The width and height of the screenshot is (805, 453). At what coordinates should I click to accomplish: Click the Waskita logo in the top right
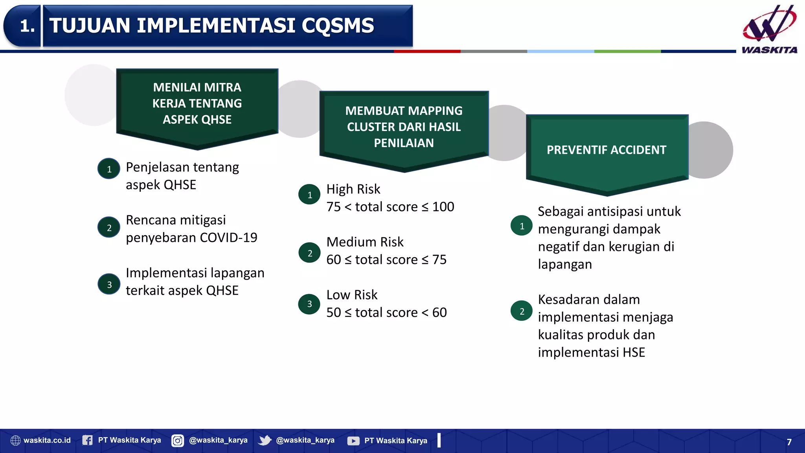(769, 28)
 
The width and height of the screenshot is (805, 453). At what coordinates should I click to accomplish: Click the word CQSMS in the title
(338, 26)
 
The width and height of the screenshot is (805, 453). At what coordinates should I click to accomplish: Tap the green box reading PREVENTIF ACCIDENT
(607, 150)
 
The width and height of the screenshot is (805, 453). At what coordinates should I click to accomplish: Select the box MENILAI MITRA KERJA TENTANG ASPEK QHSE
(197, 103)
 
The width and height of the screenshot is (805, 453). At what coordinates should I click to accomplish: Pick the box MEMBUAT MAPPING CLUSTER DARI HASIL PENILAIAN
(404, 127)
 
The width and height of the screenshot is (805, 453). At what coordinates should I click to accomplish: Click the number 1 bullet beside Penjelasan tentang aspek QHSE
(109, 169)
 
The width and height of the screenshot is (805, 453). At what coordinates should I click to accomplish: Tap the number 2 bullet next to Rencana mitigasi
(109, 227)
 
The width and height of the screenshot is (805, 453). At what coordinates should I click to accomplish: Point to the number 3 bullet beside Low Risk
(309, 304)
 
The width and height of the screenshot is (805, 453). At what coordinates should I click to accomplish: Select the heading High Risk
(353, 189)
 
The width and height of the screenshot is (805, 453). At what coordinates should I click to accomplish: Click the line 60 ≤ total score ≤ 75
(386, 260)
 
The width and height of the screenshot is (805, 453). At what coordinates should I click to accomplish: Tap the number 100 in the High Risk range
(443, 207)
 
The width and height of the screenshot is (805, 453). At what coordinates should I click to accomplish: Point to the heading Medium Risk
(365, 242)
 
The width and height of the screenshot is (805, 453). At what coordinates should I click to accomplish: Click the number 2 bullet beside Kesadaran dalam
(522, 311)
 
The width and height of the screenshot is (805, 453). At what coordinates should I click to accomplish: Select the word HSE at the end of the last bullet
(634, 352)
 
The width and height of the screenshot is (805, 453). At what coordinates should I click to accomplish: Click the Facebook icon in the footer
(87, 440)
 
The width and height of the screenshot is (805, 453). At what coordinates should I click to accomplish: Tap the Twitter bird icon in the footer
(265, 440)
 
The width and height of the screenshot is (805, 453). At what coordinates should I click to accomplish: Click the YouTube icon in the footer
(353, 441)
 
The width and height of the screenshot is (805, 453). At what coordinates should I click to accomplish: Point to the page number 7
(789, 442)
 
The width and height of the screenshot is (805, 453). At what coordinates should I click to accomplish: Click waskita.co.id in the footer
(47, 440)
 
